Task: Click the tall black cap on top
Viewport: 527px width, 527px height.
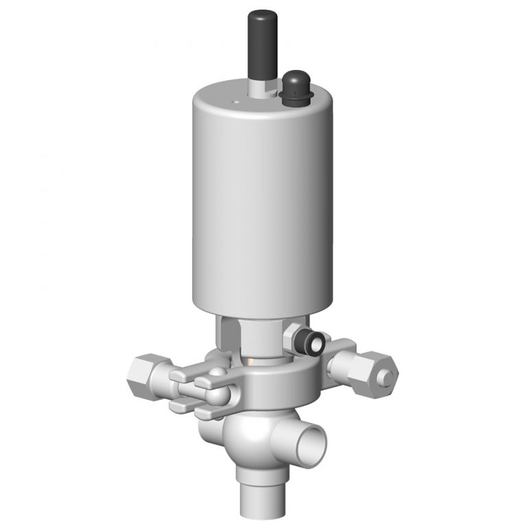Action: (259, 41)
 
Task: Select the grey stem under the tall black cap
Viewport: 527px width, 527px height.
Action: (258, 87)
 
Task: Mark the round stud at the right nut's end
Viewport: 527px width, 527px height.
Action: (390, 375)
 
